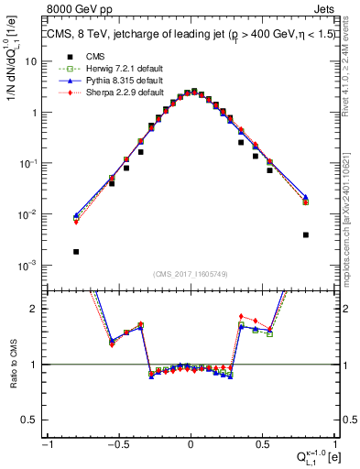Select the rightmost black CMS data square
point(306,234)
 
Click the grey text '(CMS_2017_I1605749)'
point(191,275)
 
